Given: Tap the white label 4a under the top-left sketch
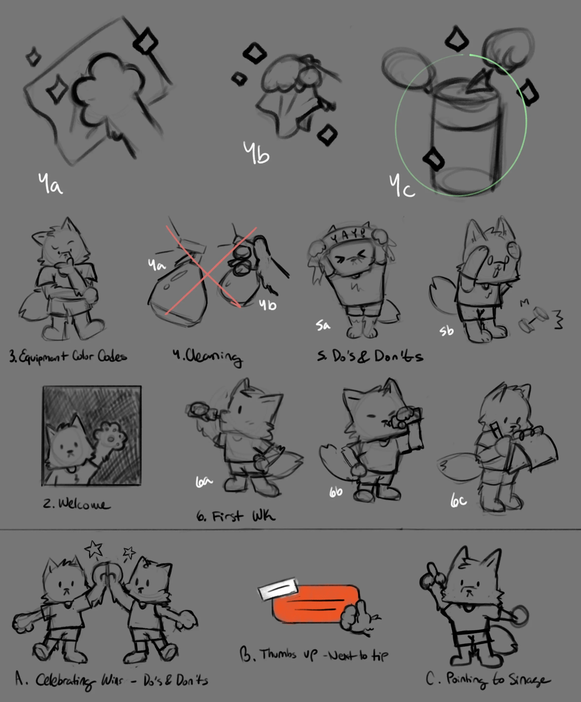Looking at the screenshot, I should [x=50, y=184].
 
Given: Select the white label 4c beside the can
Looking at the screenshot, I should [x=402, y=186].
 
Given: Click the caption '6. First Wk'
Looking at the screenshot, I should [x=236, y=517].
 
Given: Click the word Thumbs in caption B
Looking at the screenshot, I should [x=278, y=654].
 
